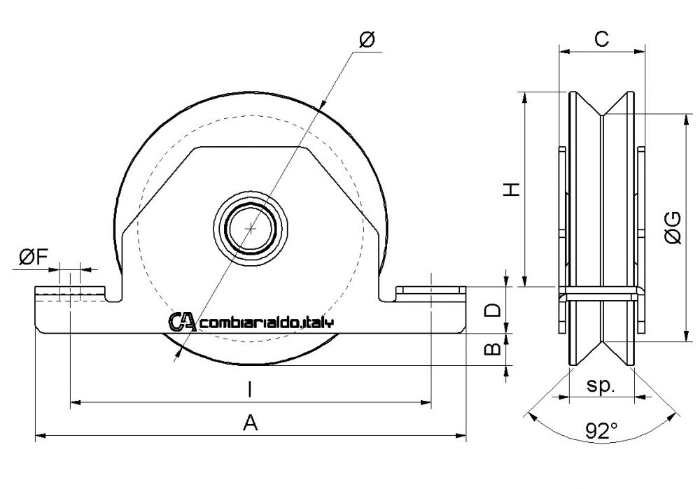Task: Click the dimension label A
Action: pos(251,422)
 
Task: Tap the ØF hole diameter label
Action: pos(33,258)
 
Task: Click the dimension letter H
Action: pos(513,189)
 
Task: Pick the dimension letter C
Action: pos(600,39)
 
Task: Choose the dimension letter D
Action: pos(493,309)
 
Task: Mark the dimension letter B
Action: pos(493,348)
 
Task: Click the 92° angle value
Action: pos(601,432)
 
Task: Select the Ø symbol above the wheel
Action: pos(367,41)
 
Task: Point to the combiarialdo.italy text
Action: pos(267,323)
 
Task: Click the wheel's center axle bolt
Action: pos(251,227)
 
